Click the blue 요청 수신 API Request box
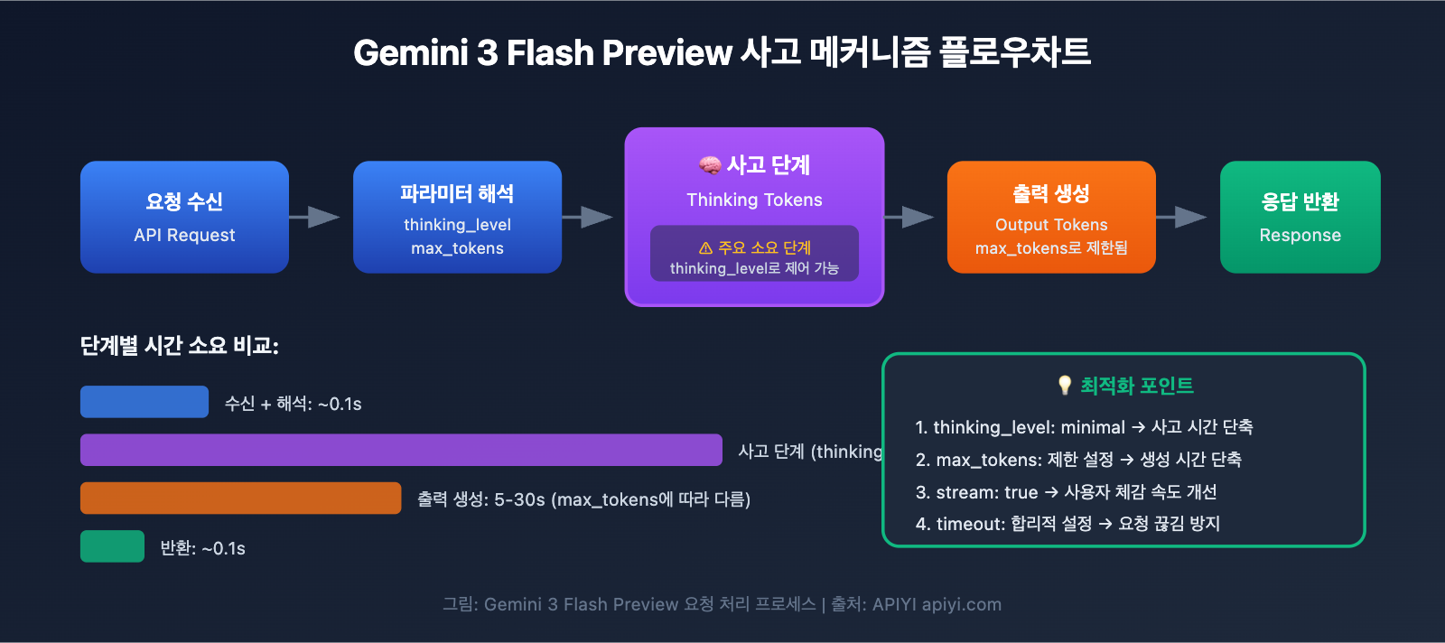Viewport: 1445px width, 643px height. tap(184, 217)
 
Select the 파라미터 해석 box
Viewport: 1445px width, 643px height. tap(457, 217)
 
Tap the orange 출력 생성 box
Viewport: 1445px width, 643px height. tap(1051, 217)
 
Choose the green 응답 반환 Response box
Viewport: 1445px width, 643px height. tap(1300, 217)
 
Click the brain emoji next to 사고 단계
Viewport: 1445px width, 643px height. tap(710, 165)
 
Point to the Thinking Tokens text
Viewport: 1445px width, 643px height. tap(754, 200)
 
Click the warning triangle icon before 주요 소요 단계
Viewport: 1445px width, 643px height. tap(705, 248)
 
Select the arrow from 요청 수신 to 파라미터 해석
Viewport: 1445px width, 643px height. tap(315, 217)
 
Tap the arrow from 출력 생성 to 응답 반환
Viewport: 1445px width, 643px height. tap(1182, 217)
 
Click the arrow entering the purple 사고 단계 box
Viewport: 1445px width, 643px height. tap(589, 217)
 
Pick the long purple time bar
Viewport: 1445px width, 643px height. tap(401, 450)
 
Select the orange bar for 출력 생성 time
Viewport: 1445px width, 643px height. tap(240, 499)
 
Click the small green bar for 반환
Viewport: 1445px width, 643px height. tap(112, 546)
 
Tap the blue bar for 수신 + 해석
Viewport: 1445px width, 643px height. tap(144, 402)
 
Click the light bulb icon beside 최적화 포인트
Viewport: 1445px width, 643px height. tap(1065, 386)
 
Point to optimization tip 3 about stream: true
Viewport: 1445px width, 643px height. tap(1066, 492)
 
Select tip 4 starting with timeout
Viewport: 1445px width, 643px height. tap(1067, 524)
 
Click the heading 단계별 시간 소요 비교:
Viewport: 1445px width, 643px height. tap(180, 346)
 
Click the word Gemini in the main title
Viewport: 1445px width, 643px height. tap(411, 53)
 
